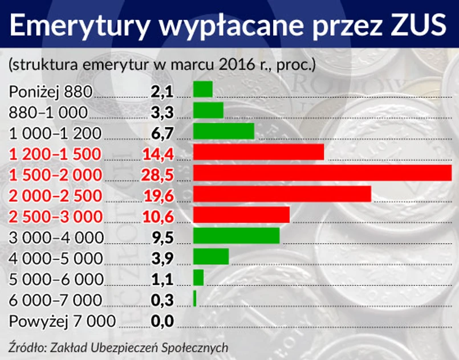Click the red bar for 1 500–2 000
coord(322,173)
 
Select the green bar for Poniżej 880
coord(203,89)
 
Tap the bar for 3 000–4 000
coord(236,236)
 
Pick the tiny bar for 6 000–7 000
coord(195,298)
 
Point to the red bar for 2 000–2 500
coord(282,194)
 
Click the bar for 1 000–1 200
coord(224,132)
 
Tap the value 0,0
coord(162,321)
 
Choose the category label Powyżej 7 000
coord(62,321)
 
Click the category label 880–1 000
coord(48,112)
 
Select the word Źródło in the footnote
coord(26,347)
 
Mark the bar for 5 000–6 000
coord(198,277)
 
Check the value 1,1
coord(162,279)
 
